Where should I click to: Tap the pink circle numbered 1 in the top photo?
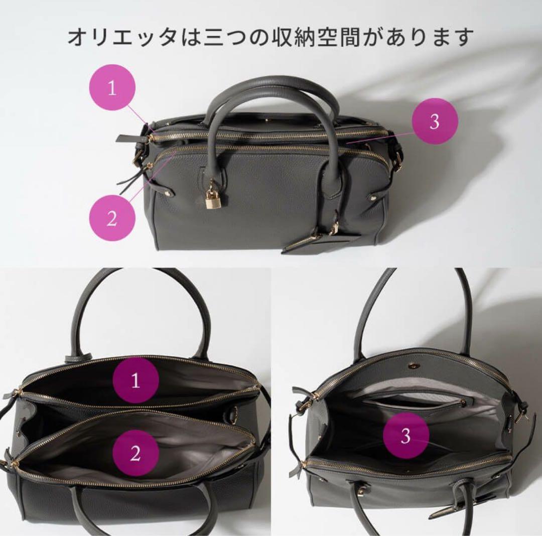(x=112, y=88)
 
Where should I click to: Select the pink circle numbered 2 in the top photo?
(x=112, y=217)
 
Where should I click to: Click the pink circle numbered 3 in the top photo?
(x=435, y=121)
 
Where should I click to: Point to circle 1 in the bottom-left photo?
(x=136, y=380)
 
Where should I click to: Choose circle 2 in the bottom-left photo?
(x=136, y=453)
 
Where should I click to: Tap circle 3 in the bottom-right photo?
(x=406, y=436)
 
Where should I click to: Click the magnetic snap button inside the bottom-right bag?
(x=413, y=365)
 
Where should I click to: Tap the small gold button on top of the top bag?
(x=267, y=120)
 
